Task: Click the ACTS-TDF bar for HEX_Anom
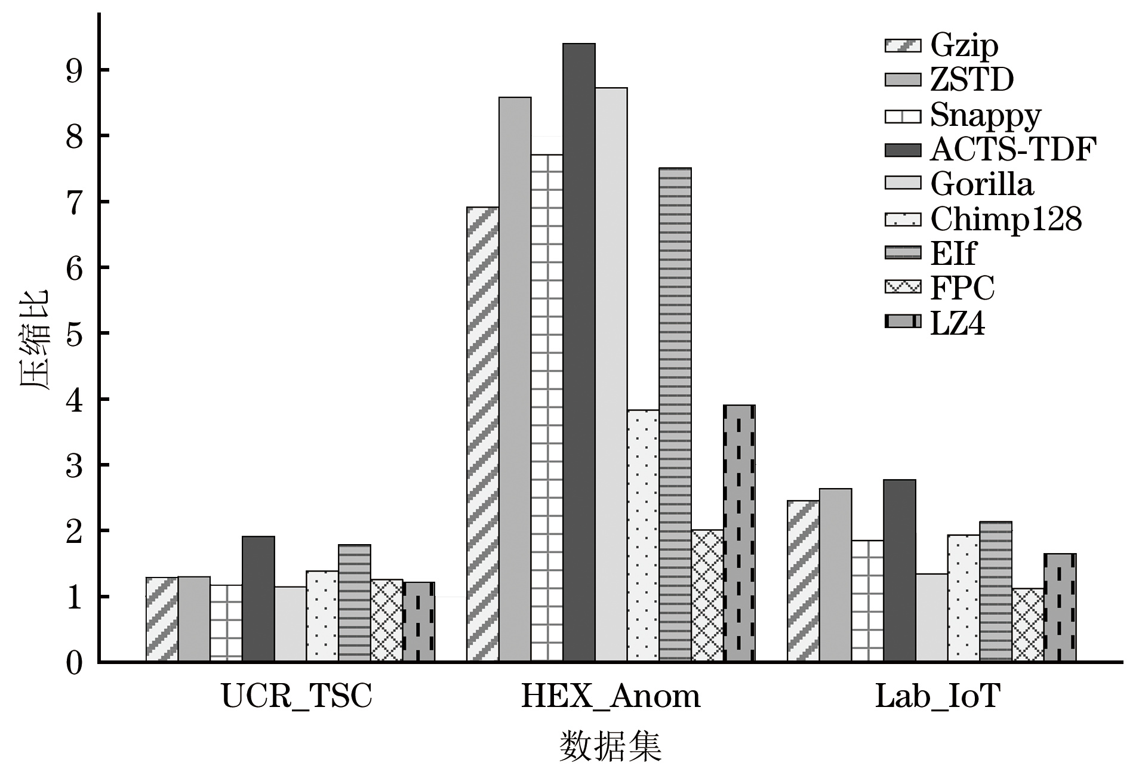click(x=578, y=352)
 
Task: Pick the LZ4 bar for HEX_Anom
click(x=739, y=533)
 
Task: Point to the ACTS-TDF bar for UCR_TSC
click(x=258, y=599)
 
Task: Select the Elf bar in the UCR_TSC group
click(x=355, y=603)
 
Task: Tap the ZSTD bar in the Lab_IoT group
click(x=835, y=575)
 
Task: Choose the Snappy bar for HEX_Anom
click(x=547, y=408)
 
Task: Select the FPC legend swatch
click(x=902, y=288)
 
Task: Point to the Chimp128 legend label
click(x=1006, y=219)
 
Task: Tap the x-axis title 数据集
click(x=610, y=746)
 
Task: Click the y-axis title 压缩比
click(x=35, y=340)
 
